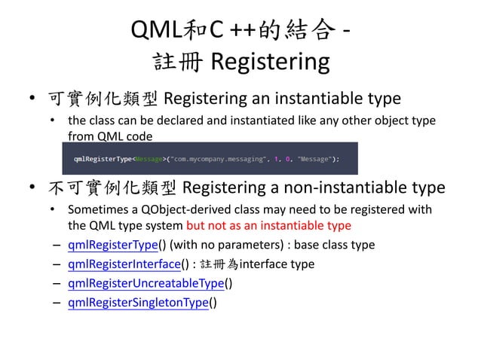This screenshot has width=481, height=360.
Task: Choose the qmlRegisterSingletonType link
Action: [140, 303]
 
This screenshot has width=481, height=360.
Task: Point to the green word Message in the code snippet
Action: [142, 159]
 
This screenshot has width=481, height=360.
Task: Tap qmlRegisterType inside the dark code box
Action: [102, 159]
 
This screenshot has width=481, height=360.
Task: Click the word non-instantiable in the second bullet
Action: [351, 186]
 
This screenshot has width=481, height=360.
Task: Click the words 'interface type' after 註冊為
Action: [282, 264]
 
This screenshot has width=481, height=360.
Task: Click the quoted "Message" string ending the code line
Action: [317, 159]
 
